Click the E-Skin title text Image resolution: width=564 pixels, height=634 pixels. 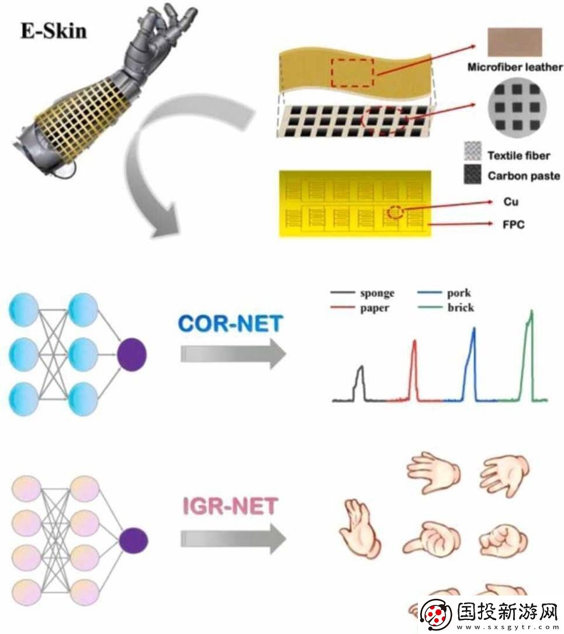(54, 32)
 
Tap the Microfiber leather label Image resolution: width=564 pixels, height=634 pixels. (515, 67)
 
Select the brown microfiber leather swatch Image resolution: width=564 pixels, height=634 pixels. (515, 42)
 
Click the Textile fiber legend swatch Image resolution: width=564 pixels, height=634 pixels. (473, 151)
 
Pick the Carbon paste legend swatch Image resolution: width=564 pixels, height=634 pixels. (473, 174)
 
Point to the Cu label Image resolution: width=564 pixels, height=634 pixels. (511, 202)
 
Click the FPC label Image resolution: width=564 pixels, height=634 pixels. (514, 224)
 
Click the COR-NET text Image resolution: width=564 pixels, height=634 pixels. (230, 324)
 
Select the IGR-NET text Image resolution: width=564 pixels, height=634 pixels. (230, 506)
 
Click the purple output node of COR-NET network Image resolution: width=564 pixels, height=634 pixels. (132, 355)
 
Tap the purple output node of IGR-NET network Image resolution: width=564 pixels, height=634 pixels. (134, 541)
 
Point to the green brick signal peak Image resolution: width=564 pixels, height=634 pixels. (531, 311)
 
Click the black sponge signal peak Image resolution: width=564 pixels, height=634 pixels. (361, 367)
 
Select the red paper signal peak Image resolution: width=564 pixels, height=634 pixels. (414, 341)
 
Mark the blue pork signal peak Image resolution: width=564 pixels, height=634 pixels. (473, 329)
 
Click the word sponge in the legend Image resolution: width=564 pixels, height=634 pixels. (377, 293)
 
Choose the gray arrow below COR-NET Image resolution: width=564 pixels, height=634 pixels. (233, 354)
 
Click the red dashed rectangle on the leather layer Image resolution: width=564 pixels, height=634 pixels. (352, 73)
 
